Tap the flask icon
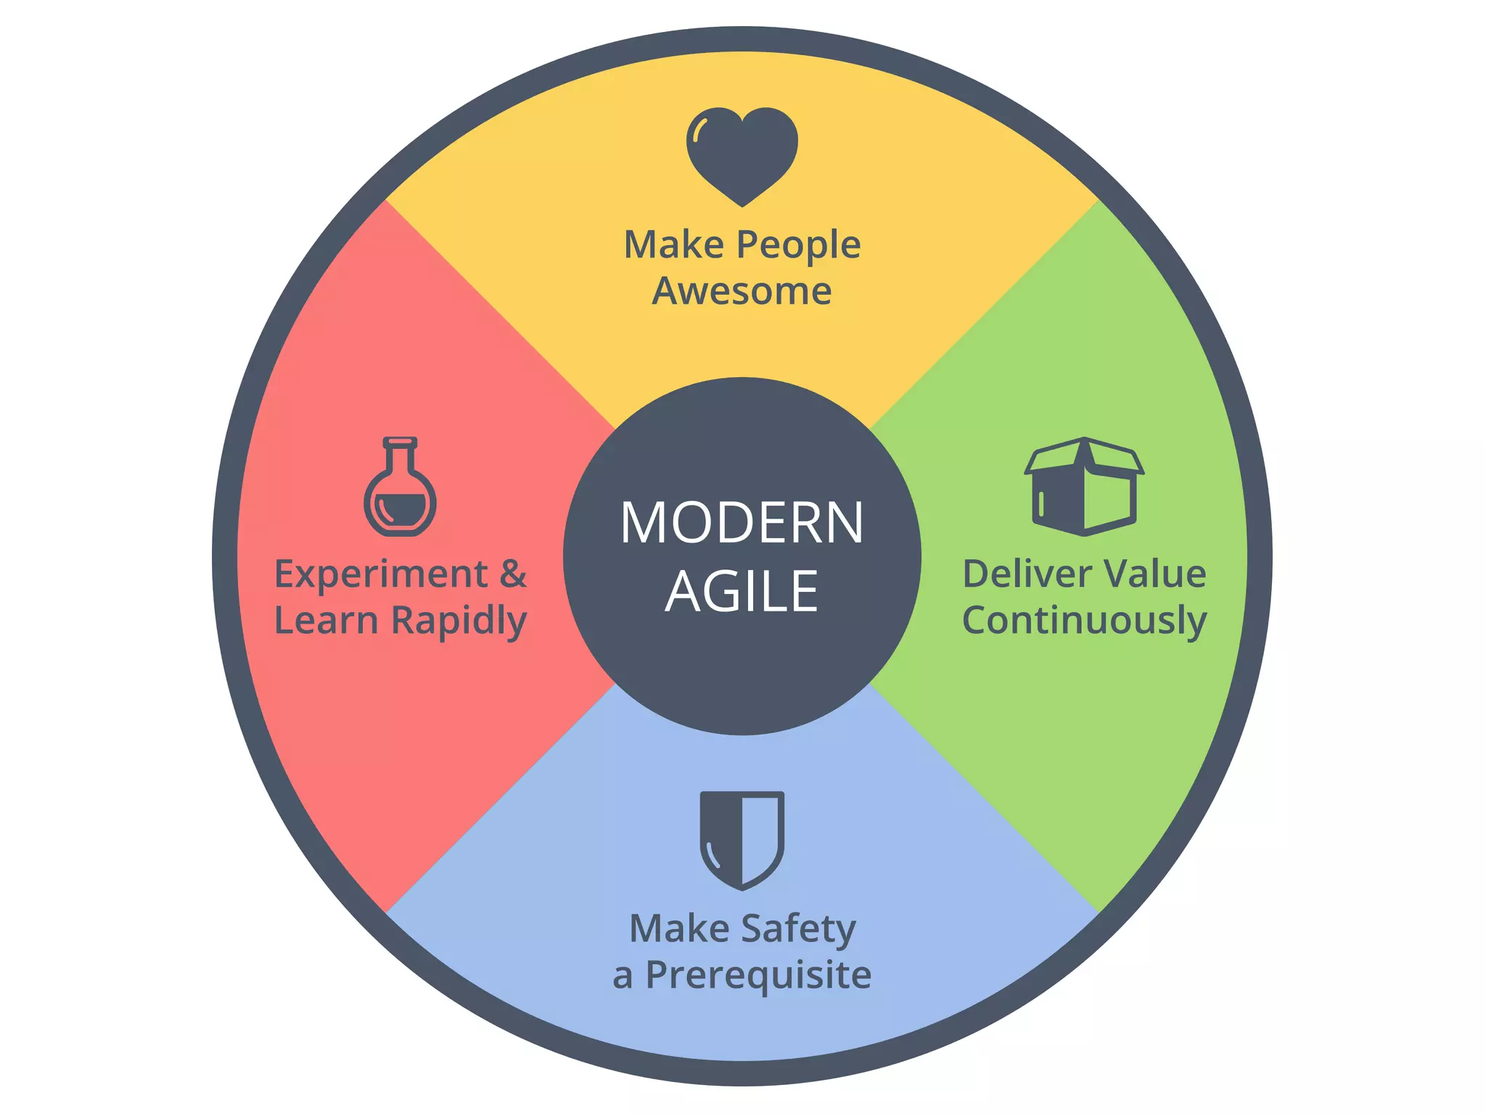pos(400,490)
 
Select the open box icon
pos(1084,487)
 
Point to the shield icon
pos(742,840)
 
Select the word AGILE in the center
pos(742,591)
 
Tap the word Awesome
pos(742,291)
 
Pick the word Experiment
pos(380,575)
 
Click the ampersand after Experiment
pos(513,574)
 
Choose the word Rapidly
pos(459,622)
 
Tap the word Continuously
pos(1084,621)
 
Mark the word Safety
pos(798,930)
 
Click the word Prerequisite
pos(758,975)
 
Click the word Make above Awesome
pos(674,245)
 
